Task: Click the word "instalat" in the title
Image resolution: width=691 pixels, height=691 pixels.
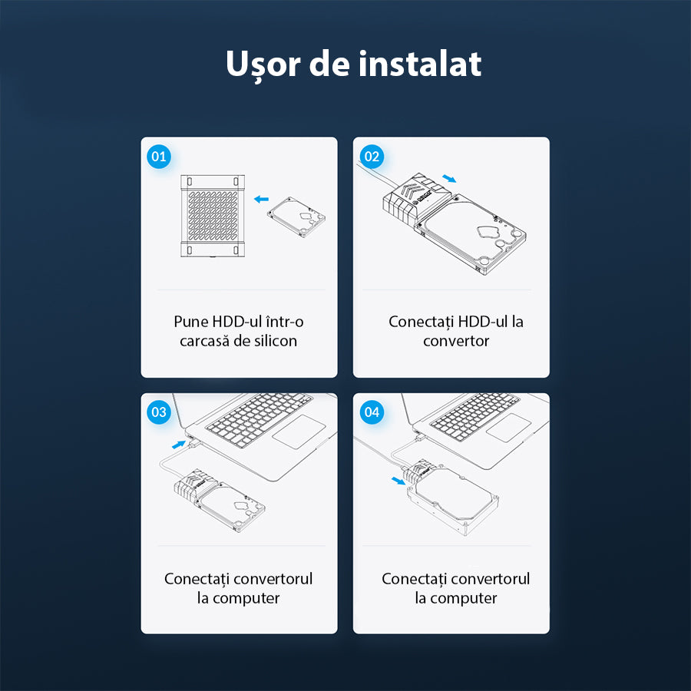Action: [x=420, y=64]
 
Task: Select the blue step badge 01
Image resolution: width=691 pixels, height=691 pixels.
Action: [x=159, y=157]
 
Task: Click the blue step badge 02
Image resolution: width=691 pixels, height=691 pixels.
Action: [x=372, y=157]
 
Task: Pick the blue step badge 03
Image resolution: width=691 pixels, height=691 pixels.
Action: [x=159, y=412]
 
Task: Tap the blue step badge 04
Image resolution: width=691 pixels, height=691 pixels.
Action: [x=372, y=412]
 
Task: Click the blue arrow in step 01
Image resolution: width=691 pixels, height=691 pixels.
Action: [x=262, y=199]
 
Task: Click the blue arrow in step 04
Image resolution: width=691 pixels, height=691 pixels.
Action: [x=396, y=481]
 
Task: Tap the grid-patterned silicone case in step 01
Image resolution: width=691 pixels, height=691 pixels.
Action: [x=213, y=215]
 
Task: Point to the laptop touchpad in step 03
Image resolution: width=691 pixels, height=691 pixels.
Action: [x=298, y=433]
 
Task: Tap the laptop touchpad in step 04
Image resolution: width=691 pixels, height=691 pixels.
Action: [x=508, y=427]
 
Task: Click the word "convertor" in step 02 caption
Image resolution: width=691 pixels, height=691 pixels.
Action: [x=456, y=341]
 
